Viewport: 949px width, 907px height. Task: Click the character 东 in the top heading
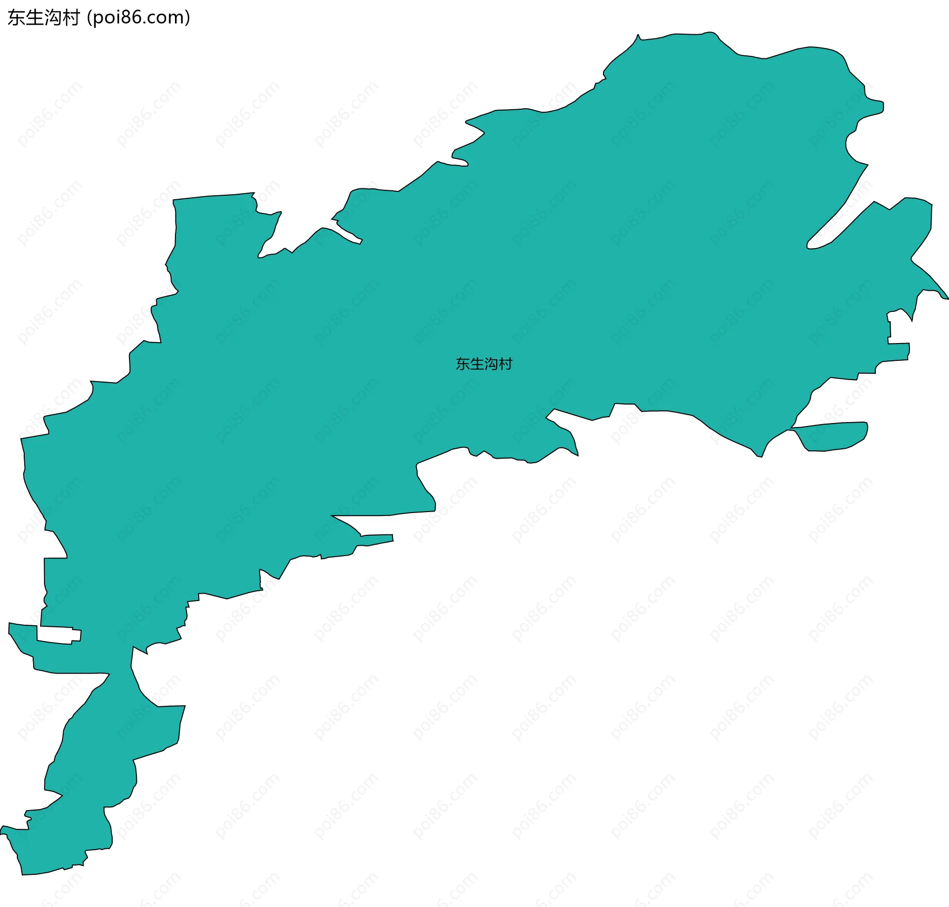pos(16,18)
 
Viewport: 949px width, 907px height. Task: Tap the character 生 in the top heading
pos(35,18)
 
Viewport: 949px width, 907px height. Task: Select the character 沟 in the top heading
pos(53,18)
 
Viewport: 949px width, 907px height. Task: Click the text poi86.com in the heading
pos(138,18)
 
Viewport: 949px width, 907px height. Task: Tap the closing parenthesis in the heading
pos(187,18)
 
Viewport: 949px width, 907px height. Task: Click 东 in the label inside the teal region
pos(463,364)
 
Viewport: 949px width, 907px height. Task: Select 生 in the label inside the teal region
pos(477,364)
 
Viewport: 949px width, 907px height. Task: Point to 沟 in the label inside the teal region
pos(491,364)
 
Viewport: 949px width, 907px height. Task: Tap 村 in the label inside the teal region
pos(506,364)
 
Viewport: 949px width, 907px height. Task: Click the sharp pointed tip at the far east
pos(947,298)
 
